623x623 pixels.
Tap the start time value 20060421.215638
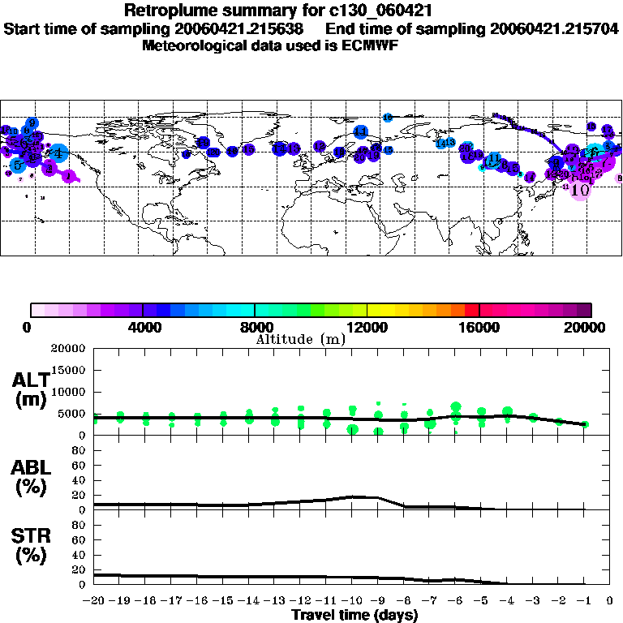point(241,28)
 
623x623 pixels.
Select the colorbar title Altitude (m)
point(301,338)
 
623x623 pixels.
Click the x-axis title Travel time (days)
point(354,616)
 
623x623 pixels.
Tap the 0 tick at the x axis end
point(610,601)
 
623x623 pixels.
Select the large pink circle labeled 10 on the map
point(580,189)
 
